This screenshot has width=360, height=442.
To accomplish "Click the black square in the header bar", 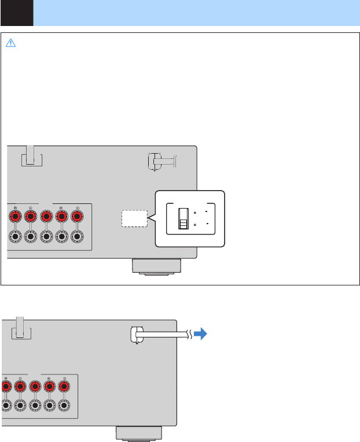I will coord(16,13).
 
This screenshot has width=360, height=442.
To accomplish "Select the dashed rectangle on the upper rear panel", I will coord(135,218).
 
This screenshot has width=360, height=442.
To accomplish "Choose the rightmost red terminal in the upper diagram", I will coord(78,217).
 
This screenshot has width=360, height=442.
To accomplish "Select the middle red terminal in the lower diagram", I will coord(35,387).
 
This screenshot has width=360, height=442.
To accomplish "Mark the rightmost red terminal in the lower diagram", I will coord(64,387).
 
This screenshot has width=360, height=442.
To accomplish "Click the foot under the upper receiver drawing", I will coord(156,266).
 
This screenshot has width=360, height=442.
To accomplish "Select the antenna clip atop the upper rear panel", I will coord(31,155).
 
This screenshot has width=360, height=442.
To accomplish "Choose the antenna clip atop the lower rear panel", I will coord(20,328).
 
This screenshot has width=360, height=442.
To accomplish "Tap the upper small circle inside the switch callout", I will coord(196,213).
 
